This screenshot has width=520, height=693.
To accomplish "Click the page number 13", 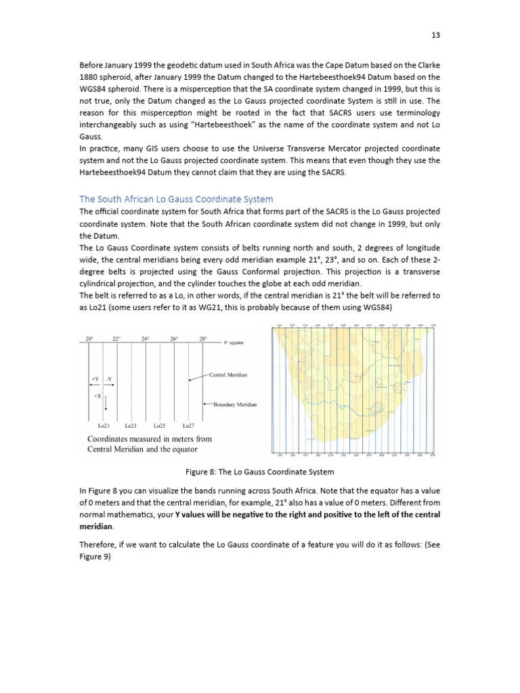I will click(x=436, y=35).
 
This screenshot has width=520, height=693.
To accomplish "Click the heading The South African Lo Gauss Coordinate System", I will click(x=176, y=199).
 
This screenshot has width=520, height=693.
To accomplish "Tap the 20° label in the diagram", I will click(x=89, y=338).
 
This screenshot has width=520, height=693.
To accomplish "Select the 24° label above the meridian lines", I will click(x=145, y=338).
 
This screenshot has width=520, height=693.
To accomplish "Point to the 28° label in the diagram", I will click(x=202, y=338).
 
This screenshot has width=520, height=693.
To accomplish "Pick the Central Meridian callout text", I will click(x=227, y=374).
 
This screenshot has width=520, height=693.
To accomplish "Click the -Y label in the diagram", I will click(x=109, y=378).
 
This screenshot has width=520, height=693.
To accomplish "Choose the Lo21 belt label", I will click(x=104, y=426).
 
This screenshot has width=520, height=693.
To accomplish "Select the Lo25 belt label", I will click(x=160, y=426).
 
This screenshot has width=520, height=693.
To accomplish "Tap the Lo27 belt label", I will click(x=188, y=426).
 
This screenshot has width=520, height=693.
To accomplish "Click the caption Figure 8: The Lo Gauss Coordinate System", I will click(x=260, y=472).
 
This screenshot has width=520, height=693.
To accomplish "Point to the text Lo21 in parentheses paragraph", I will click(x=92, y=308).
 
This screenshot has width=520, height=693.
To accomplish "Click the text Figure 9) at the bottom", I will click(x=95, y=557).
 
